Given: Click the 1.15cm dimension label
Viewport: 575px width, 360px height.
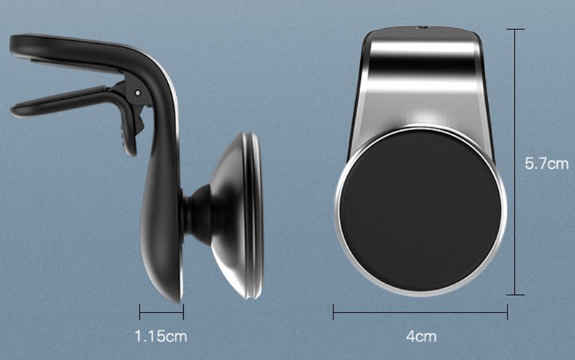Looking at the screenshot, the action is pyautogui.click(x=161, y=336).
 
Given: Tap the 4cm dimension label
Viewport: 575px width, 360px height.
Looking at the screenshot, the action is pyautogui.click(x=421, y=336).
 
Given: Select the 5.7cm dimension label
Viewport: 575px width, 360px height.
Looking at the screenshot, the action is pyautogui.click(x=546, y=164).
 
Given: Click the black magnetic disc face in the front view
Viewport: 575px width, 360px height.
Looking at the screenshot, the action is pyautogui.click(x=420, y=211).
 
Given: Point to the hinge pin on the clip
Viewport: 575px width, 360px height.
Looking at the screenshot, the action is pyautogui.click(x=137, y=93).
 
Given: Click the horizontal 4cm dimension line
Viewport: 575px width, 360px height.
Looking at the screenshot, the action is pyautogui.click(x=420, y=313).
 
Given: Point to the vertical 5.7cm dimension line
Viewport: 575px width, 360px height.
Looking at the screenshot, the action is pyautogui.click(x=515, y=162).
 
